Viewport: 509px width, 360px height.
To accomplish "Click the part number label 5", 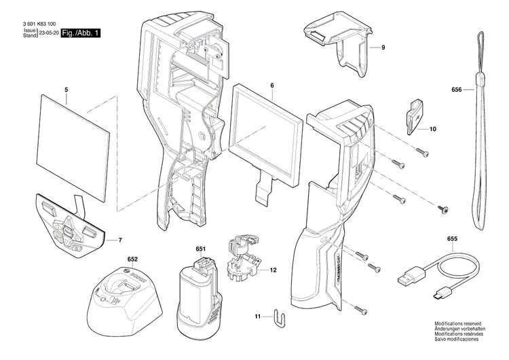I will tap(67, 90).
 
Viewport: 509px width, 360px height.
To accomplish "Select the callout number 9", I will tap(383, 48).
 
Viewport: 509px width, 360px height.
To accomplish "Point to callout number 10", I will tap(433, 128).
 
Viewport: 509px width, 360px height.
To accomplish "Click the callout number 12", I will tap(273, 270).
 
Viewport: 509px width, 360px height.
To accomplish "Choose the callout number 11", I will tap(257, 317).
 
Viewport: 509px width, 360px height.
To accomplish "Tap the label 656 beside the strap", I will tap(456, 90).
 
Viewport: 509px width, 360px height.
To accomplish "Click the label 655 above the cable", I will tap(453, 238).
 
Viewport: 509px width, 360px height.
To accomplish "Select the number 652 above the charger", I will tap(132, 259).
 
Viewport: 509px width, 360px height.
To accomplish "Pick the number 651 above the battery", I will tap(200, 249).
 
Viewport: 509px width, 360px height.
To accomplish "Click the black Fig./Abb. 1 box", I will tap(81, 33).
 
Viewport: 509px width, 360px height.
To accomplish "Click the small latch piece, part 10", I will tap(414, 115).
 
